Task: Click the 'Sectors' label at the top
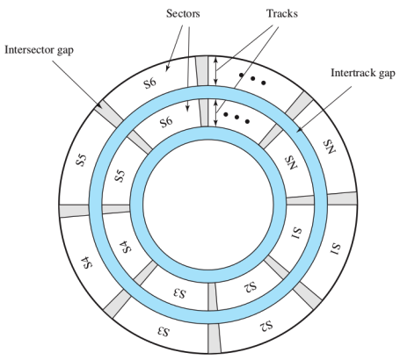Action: tap(183, 13)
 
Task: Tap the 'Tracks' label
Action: tap(282, 13)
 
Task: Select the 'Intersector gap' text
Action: tap(39, 50)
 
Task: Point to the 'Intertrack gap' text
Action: tap(363, 73)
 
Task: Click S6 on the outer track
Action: tap(150, 83)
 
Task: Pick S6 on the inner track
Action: tap(166, 122)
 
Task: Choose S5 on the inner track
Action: tap(120, 176)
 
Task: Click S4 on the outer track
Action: tap(87, 263)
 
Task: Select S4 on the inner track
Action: tap(127, 247)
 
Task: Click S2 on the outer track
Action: tap(266, 325)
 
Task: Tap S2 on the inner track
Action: tap(250, 285)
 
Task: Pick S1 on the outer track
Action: tap(336, 248)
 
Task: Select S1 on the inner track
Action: tap(297, 233)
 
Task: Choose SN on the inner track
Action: tap(292, 162)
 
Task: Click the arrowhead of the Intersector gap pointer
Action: tap(98, 105)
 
